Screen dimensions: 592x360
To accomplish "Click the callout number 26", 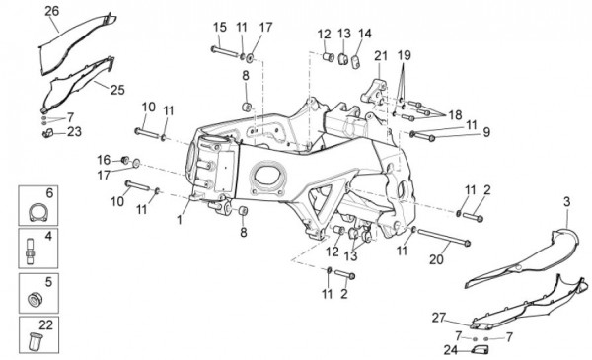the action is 51,11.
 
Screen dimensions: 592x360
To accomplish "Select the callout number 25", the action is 117,90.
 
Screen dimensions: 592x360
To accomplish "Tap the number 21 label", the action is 381,56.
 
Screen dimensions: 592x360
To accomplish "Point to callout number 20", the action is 436,259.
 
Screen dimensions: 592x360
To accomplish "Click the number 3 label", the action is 566,202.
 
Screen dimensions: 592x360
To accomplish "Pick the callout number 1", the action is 180,219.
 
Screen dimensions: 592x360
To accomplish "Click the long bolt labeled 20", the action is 443,237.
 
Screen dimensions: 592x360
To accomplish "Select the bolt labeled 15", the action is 224,51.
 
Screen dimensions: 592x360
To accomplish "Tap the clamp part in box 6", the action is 38,212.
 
